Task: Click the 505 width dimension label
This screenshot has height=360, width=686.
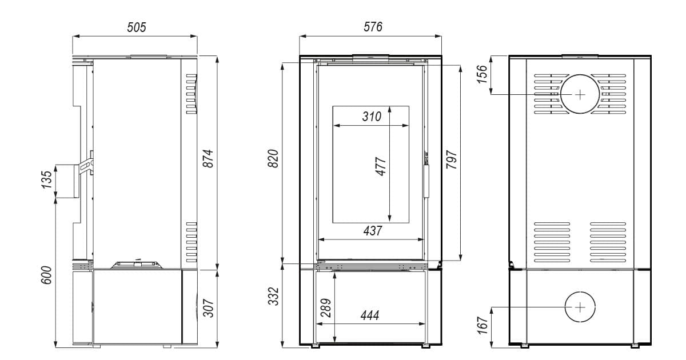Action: pos(137,27)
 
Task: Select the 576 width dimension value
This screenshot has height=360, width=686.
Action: pos(373,27)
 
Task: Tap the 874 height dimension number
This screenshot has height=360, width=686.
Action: pos(208,158)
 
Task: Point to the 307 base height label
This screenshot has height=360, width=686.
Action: pos(208,307)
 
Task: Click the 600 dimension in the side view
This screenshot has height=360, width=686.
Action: pos(46,275)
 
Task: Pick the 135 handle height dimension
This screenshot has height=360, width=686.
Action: pos(46,179)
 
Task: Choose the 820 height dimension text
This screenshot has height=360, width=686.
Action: pos(273,158)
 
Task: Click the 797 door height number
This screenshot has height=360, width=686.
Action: pos(452,159)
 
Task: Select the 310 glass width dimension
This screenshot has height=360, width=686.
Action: pos(372,117)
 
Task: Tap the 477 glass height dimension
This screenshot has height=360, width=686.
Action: pos(381,166)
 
